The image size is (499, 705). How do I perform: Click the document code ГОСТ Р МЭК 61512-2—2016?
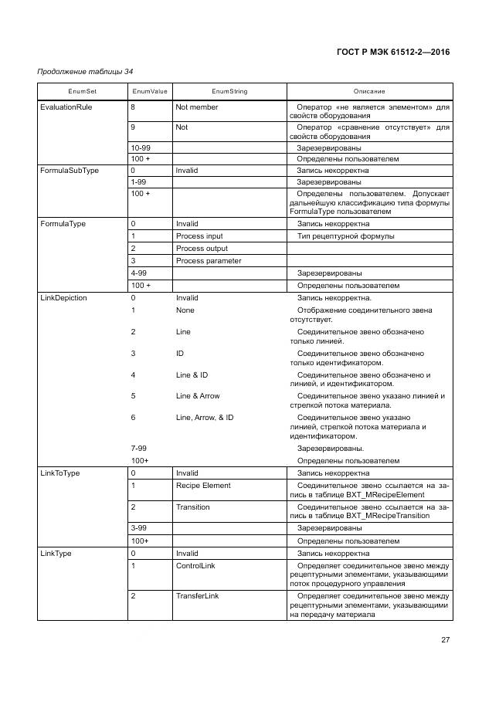[394, 53]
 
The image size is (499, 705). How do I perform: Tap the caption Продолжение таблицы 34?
[85, 72]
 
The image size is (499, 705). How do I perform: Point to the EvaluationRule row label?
[66, 107]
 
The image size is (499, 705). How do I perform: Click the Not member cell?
[197, 107]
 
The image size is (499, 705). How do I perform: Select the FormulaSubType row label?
[69, 170]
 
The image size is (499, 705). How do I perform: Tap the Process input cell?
[199, 236]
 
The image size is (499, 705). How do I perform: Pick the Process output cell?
[202, 249]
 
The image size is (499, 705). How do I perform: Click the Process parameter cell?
[209, 260]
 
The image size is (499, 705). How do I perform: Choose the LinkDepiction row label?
[63, 297]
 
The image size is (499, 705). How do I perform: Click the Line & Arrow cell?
[198, 396]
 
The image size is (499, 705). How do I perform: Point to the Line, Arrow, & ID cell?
[205, 417]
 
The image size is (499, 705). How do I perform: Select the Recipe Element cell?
[203, 486]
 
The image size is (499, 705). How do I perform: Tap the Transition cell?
[192, 507]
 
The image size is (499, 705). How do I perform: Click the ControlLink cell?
[196, 565]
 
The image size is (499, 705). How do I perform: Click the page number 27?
[445, 640]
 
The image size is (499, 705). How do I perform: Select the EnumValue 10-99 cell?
[141, 147]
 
